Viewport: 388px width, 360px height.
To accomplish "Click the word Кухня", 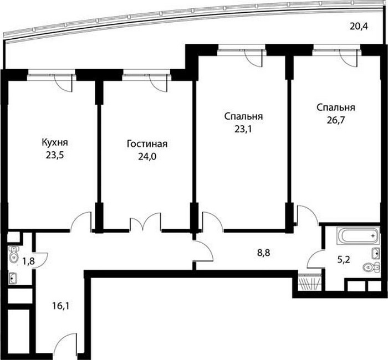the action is [x=55, y=143].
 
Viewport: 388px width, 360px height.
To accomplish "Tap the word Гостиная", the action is [x=147, y=144].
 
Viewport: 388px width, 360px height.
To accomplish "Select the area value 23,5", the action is [x=55, y=156].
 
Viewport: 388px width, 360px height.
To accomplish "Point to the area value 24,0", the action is [x=147, y=157].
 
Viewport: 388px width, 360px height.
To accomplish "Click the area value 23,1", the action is [x=243, y=129].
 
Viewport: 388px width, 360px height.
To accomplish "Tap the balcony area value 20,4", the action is [x=359, y=26].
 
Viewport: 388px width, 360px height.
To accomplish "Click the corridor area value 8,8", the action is [x=263, y=253].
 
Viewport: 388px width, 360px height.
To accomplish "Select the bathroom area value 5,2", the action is [x=344, y=260].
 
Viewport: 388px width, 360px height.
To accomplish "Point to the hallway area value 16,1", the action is [x=61, y=306].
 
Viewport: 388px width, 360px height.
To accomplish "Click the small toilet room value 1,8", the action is [x=28, y=261].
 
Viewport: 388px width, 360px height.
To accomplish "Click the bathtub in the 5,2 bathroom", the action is [x=358, y=236].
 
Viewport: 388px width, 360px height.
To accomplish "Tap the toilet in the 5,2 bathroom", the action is [x=371, y=267].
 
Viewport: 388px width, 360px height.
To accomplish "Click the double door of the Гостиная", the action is [x=145, y=222].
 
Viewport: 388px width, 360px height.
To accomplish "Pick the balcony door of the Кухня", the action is [x=63, y=83].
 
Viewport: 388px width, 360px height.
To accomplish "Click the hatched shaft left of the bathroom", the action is [x=309, y=282].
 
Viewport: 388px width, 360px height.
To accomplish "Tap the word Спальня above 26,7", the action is [x=336, y=107].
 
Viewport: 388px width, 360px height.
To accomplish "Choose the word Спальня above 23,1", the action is [x=243, y=116].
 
